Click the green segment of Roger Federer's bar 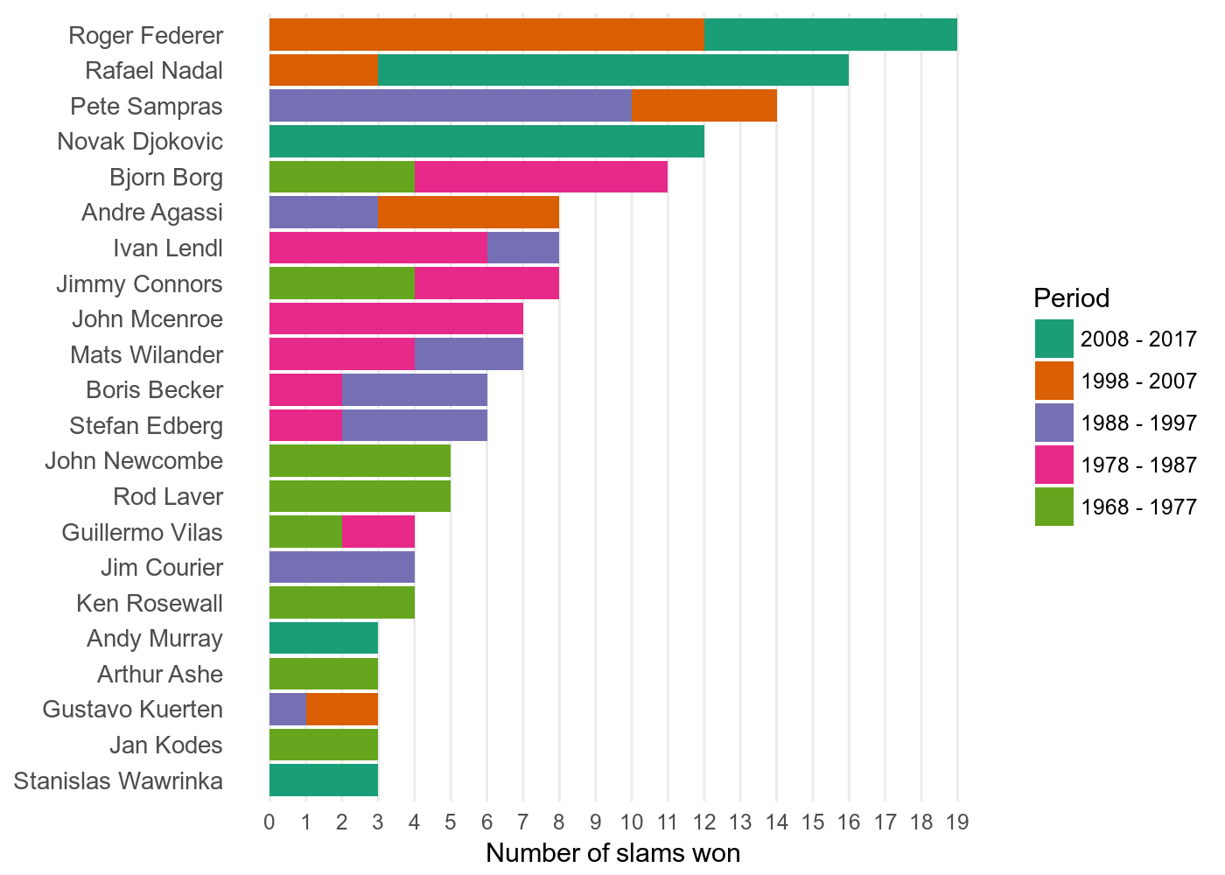[x=830, y=35]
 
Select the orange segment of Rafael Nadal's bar [x=323, y=70]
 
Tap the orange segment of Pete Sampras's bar [x=703, y=106]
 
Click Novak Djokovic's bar [x=486, y=141]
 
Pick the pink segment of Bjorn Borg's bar [x=541, y=177]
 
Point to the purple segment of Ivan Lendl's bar [x=522, y=248]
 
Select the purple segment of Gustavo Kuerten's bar [x=287, y=709]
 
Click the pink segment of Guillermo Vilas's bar [x=378, y=532]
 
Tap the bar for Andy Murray [x=323, y=638]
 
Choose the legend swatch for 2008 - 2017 [x=1053, y=339]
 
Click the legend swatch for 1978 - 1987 [x=1053, y=465]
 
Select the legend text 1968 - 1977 [x=1138, y=507]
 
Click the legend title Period [x=1071, y=298]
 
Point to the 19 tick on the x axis [x=957, y=822]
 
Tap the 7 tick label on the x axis [x=522, y=822]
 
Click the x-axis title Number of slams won [x=612, y=853]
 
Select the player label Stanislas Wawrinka [x=118, y=780]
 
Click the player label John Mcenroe [x=147, y=318]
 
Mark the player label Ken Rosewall [x=150, y=603]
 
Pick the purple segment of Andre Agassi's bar [x=323, y=212]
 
